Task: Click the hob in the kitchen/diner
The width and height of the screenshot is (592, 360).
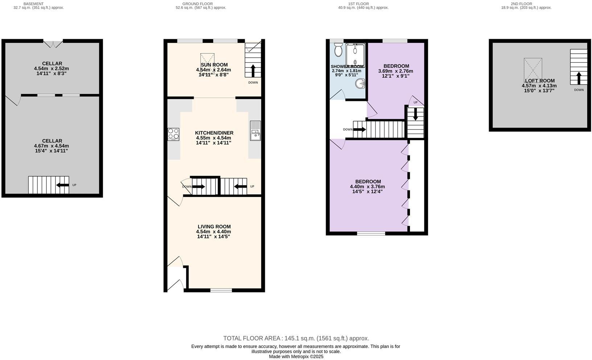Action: (173, 134)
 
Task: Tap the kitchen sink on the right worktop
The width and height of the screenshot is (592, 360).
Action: (255, 131)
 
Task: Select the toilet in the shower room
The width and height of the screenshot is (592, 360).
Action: (338, 50)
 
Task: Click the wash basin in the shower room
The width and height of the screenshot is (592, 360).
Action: (360, 84)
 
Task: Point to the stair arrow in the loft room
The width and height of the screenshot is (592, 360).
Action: (579, 78)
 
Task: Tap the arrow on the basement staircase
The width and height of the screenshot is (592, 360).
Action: (62, 185)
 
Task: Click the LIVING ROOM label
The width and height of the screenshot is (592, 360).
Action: (214, 226)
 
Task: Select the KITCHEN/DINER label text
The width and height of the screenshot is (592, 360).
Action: (214, 133)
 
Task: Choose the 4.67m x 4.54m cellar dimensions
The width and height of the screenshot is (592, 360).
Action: (51, 146)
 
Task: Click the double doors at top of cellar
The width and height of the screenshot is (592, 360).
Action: (53, 44)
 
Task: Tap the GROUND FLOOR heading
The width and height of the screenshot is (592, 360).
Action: (197, 4)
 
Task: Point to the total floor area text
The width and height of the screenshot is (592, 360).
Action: (296, 338)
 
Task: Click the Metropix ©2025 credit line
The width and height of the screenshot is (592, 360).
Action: (296, 356)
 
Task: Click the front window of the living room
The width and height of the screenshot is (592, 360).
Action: (221, 290)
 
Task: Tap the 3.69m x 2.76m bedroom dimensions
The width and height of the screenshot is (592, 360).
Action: (395, 71)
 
